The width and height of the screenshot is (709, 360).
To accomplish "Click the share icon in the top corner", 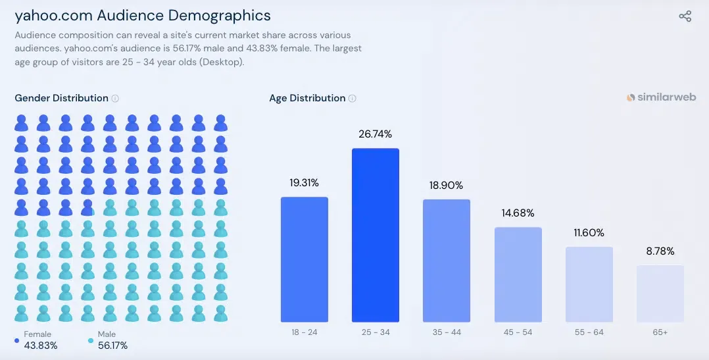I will pyautogui.click(x=685, y=16).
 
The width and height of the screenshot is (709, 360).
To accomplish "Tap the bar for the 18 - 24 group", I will pyautogui.click(x=304, y=259).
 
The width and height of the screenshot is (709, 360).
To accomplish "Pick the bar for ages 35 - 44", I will pyautogui.click(x=447, y=261).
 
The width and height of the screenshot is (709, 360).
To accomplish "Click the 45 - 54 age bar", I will pyautogui.click(x=518, y=274).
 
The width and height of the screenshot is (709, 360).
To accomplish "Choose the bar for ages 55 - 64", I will pyautogui.click(x=589, y=284).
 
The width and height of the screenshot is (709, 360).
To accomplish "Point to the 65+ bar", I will pyautogui.click(x=660, y=294).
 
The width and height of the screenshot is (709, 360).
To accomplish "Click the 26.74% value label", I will pyautogui.click(x=376, y=134).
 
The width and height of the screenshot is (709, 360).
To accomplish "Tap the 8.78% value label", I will pyautogui.click(x=660, y=251).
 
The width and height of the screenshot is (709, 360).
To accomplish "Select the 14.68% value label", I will pyautogui.click(x=518, y=213).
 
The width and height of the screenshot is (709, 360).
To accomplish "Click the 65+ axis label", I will pyautogui.click(x=660, y=332).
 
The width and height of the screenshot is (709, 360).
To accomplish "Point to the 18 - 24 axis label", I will pyautogui.click(x=304, y=332).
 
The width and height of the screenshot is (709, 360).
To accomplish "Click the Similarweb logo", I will pyautogui.click(x=661, y=97).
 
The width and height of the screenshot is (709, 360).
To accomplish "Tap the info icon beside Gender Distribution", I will pyautogui.click(x=115, y=99).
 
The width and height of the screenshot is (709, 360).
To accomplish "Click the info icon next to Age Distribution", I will pyautogui.click(x=353, y=99).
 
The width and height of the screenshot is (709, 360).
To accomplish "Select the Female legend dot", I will pyautogui.click(x=16, y=340).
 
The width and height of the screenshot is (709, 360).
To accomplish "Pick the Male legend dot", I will pyautogui.click(x=91, y=340).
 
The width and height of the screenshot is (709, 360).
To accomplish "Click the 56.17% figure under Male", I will pyautogui.click(x=112, y=346).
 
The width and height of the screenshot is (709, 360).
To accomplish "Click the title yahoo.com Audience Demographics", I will pyautogui.click(x=143, y=15).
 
